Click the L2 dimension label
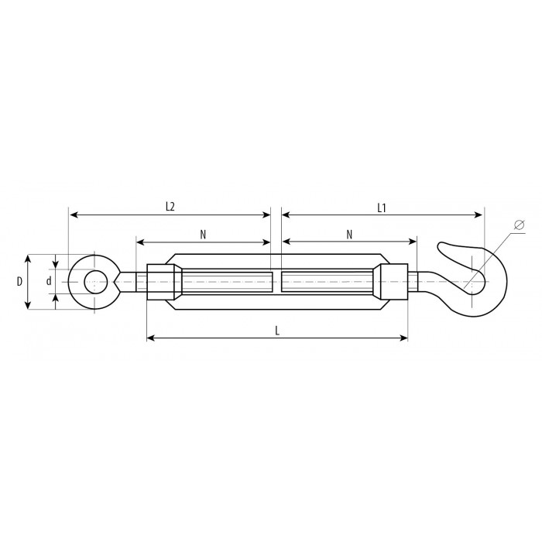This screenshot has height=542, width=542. (x=170, y=207)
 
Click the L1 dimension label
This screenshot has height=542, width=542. (x=381, y=208)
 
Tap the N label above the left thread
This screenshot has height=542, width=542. (x=203, y=235)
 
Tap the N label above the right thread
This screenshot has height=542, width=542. (x=349, y=235)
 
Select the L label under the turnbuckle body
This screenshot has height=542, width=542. (x=277, y=331)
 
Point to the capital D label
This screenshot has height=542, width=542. (x=19, y=282)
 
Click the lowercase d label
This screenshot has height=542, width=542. (x=49, y=281)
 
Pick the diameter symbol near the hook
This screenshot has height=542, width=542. (x=520, y=225)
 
